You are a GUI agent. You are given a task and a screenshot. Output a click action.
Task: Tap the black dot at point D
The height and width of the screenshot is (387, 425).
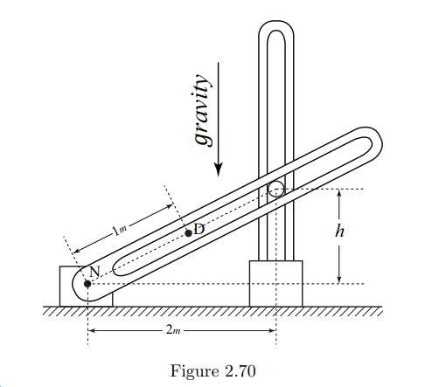(x=189, y=233)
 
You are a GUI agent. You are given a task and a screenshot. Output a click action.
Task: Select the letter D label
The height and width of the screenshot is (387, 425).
(x=200, y=228)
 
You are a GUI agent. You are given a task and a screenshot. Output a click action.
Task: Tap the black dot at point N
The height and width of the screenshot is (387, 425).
(x=87, y=284)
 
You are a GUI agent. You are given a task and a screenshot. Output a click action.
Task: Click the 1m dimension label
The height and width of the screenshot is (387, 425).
(x=120, y=232)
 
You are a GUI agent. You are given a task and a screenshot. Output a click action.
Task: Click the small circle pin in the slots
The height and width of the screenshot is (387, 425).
(x=276, y=188)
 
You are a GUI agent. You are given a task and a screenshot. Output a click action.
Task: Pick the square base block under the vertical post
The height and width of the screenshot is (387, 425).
(x=275, y=283)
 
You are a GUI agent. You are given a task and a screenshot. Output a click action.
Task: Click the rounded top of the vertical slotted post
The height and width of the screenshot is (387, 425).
(x=276, y=28)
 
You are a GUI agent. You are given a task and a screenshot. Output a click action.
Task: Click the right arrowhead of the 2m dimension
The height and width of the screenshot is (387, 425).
(x=272, y=331)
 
